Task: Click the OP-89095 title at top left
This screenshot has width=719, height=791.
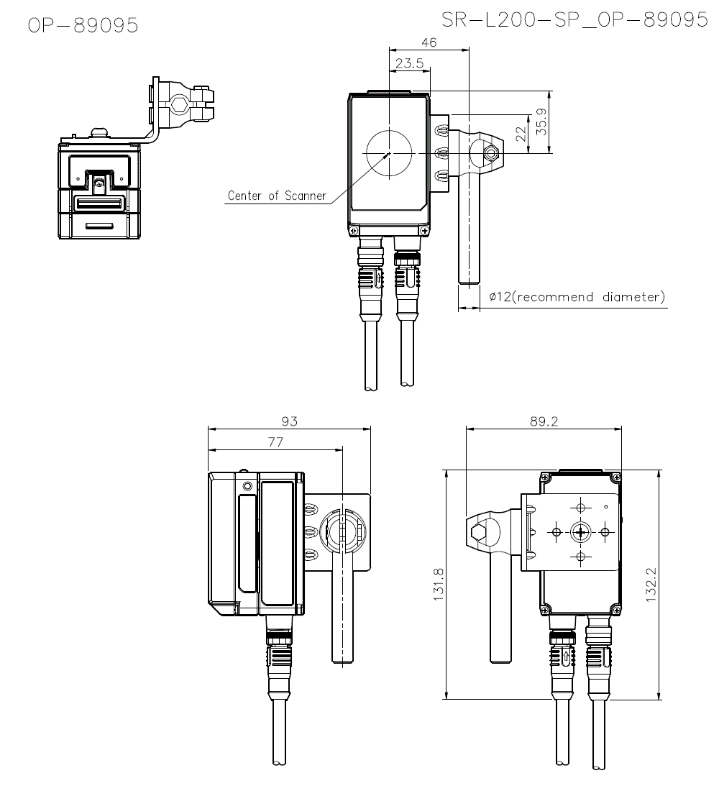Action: point(83,24)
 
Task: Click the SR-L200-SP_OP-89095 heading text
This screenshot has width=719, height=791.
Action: point(575,20)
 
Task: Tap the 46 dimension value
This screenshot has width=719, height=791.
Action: point(429,42)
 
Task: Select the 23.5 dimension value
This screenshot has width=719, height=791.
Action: point(409,63)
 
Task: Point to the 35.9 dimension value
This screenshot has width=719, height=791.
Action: point(541,122)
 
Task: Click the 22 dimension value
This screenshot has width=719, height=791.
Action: point(521,134)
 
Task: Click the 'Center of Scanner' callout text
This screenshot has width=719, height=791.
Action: point(277,196)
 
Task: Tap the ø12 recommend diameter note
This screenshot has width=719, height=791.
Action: point(577,296)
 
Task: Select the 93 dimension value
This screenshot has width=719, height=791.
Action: point(290,421)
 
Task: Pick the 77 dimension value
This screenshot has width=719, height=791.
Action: point(275,442)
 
